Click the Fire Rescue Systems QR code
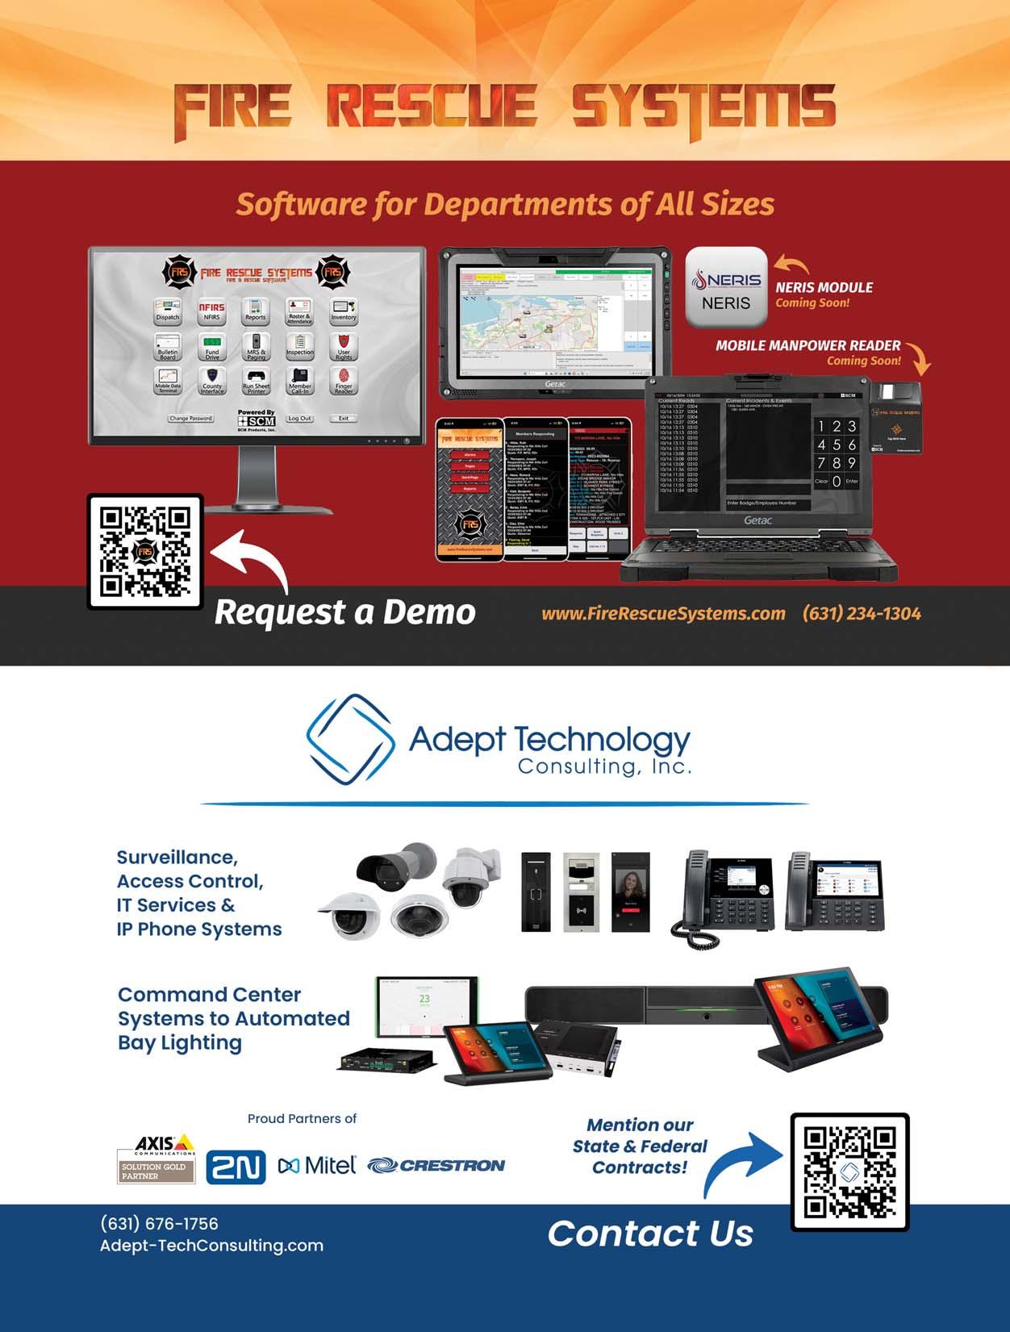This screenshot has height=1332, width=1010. tap(145, 552)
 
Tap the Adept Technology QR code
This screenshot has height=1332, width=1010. tap(849, 1172)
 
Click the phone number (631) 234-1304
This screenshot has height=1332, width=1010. tap(861, 613)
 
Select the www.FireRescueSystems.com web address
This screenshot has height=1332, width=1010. tap(663, 613)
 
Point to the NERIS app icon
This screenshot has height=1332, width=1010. tap(726, 288)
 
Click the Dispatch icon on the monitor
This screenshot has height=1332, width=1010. tap(168, 310)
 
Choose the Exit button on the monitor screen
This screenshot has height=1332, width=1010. tap(344, 419)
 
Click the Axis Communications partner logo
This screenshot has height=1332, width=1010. tap(156, 1159)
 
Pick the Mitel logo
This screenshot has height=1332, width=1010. tap(317, 1165)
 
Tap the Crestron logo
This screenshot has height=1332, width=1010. tap(436, 1165)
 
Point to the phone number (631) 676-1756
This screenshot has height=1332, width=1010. tap(159, 1224)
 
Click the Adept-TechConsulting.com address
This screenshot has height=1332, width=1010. tap(211, 1246)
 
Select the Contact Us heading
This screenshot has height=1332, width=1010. tap(650, 1234)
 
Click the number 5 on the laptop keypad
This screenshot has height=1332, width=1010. tap(837, 445)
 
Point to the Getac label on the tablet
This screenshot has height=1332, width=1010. tap(555, 384)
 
